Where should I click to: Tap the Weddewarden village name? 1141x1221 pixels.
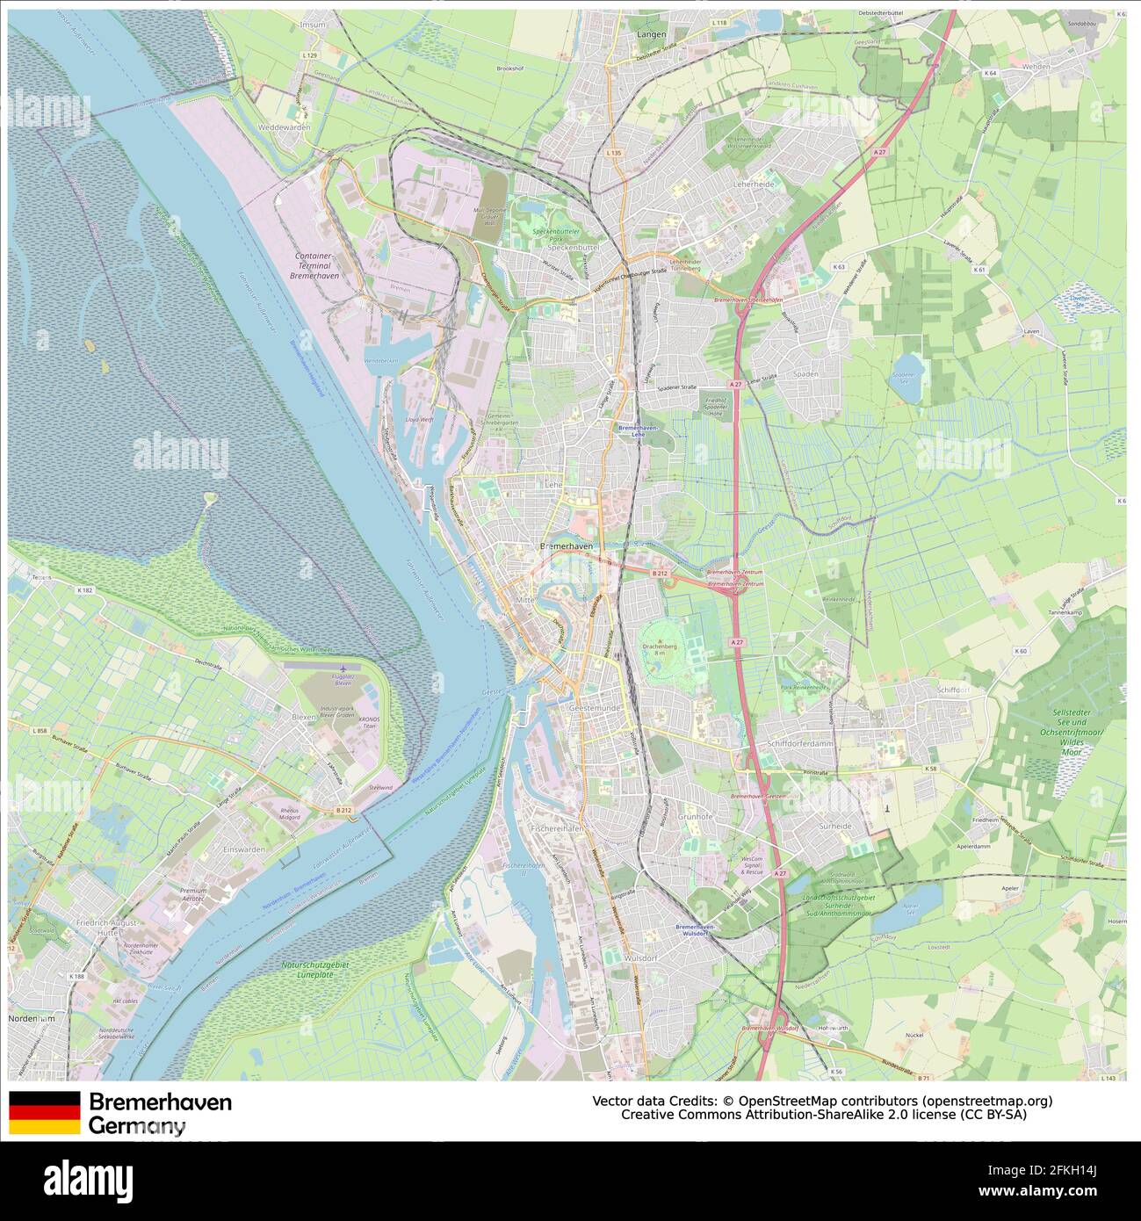[x=285, y=127]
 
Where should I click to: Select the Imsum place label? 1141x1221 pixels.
[x=312, y=25]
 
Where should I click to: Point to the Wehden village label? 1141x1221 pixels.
[x=1036, y=66]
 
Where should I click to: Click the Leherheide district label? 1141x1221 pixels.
[x=754, y=184]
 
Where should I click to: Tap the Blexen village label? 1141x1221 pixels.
[x=303, y=717]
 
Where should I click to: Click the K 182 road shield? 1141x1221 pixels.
[x=84, y=590]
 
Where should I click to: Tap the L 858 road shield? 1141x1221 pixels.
[x=39, y=731]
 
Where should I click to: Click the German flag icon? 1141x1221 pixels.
[x=44, y=1112]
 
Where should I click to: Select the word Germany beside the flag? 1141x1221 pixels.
[x=137, y=1126]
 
